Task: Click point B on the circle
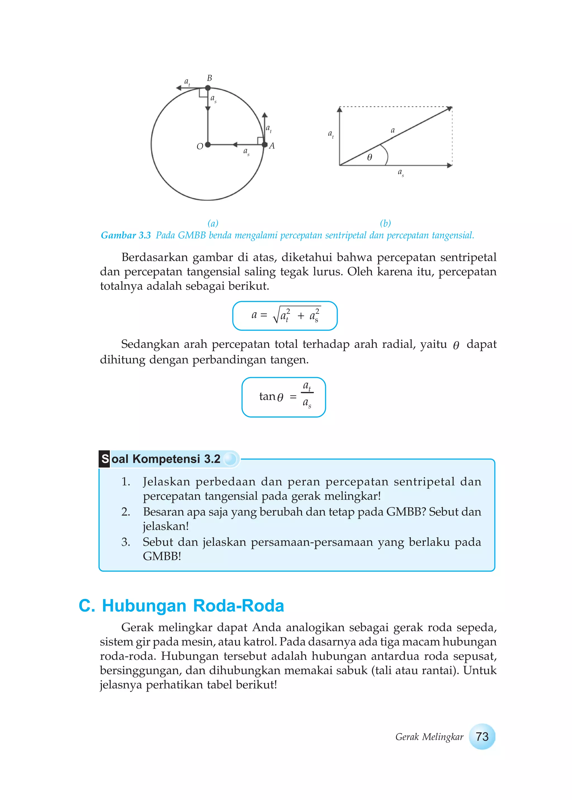[208, 88]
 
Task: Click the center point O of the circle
[208, 144]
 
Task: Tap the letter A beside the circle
[271, 146]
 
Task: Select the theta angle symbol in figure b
[370, 158]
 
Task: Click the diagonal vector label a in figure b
[393, 130]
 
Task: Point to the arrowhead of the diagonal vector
[449, 108]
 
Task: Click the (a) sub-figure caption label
[213, 223]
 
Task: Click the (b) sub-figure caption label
[385, 223]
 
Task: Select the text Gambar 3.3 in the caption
[126, 235]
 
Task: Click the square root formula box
[285, 316]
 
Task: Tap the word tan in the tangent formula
[267, 397]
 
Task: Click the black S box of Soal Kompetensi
[105, 459]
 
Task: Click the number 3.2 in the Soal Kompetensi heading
[212, 459]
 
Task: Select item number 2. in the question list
[126, 512]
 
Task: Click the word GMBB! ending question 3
[162, 556]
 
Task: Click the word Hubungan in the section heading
[144, 606]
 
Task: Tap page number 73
[482, 737]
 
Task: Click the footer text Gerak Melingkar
[429, 737]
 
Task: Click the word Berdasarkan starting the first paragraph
[155, 258]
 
